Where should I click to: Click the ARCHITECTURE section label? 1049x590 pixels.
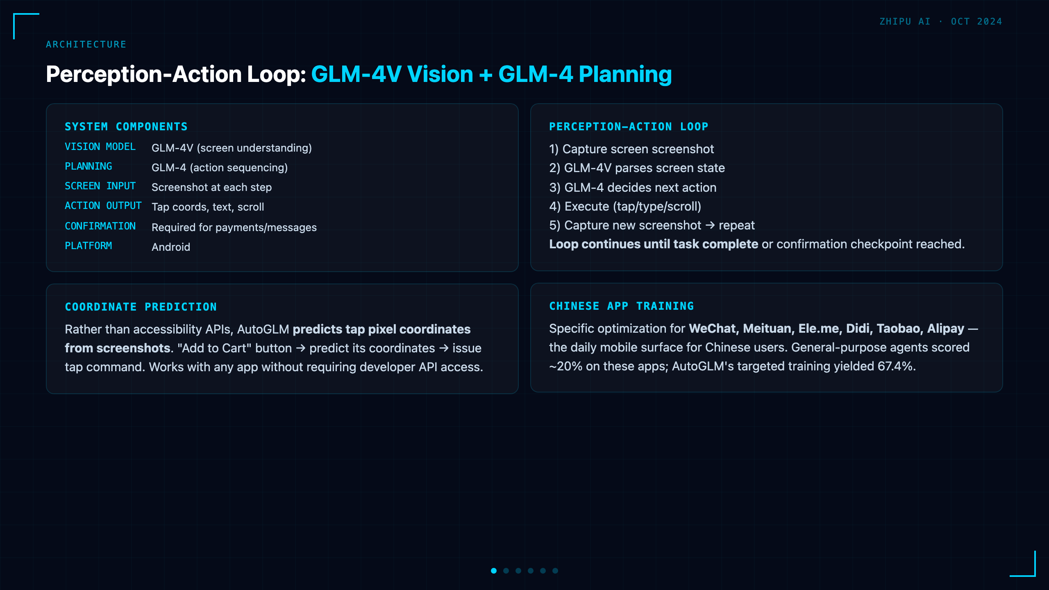pyautogui.click(x=86, y=44)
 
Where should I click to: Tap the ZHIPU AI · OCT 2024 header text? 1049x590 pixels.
pyautogui.click(x=941, y=21)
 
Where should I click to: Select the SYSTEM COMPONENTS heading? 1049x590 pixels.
pyautogui.click(x=126, y=127)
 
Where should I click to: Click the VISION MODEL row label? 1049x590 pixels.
pyautogui.click(x=100, y=147)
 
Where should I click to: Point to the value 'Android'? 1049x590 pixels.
pyautogui.click(x=171, y=247)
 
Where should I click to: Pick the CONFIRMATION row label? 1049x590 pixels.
pyautogui.click(x=100, y=226)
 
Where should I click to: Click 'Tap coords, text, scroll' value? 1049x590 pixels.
pyautogui.click(x=208, y=207)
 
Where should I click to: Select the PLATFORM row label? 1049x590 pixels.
pyautogui.click(x=89, y=246)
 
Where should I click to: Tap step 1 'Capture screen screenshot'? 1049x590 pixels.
pyautogui.click(x=631, y=149)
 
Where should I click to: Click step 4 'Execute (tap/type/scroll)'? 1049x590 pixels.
pyautogui.click(x=625, y=206)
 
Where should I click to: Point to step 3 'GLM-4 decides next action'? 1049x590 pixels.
pyautogui.click(x=633, y=188)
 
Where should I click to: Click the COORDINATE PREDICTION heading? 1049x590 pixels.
pyautogui.click(x=141, y=307)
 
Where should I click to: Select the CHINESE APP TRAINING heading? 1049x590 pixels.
pyautogui.click(x=622, y=306)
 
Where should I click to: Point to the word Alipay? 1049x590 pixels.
pyautogui.click(x=945, y=329)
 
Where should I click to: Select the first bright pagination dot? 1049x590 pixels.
pyautogui.click(x=494, y=571)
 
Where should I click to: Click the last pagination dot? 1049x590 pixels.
pyautogui.click(x=555, y=571)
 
